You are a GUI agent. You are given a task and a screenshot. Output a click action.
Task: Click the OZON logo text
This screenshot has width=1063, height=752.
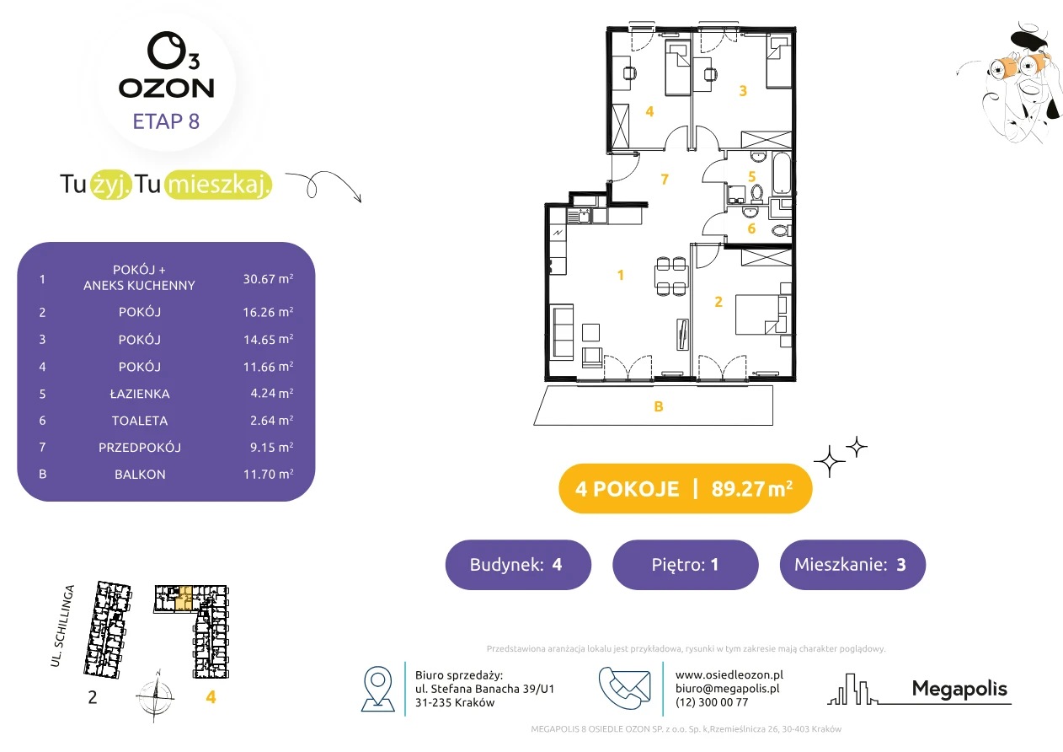166,88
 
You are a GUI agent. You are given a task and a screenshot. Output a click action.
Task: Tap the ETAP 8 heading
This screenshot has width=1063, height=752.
166,121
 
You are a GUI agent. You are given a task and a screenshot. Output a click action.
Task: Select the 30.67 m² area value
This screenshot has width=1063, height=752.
268,279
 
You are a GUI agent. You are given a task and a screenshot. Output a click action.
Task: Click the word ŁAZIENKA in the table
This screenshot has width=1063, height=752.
140,394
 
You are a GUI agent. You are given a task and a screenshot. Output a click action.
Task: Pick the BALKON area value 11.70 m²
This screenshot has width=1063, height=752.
268,474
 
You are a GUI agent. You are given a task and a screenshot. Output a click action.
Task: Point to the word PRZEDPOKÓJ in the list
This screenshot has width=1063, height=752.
140,448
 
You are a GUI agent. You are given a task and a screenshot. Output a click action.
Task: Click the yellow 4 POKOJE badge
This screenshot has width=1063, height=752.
686,488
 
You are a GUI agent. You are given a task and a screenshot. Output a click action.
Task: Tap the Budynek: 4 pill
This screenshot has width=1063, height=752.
518,564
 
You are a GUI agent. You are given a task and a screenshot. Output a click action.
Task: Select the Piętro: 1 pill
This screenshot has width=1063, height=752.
686,564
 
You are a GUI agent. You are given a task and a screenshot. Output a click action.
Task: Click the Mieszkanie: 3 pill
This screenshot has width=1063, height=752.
852,564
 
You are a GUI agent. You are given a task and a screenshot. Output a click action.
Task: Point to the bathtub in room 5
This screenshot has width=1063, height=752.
782,173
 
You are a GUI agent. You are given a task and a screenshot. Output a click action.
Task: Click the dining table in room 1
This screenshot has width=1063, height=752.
671,276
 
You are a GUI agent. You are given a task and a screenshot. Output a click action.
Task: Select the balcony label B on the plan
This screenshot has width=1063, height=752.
658,406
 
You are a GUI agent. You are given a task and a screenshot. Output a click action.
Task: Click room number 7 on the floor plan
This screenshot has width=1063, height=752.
665,179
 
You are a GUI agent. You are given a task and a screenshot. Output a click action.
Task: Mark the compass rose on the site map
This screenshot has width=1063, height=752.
156,696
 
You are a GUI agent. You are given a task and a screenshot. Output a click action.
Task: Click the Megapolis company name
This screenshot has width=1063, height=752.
959,689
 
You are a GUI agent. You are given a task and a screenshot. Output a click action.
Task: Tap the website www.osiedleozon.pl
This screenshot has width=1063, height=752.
729,675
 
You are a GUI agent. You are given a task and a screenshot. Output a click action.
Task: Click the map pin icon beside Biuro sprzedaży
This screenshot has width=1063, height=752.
377,689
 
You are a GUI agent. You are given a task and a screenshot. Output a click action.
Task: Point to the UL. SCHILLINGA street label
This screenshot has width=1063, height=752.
62,626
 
